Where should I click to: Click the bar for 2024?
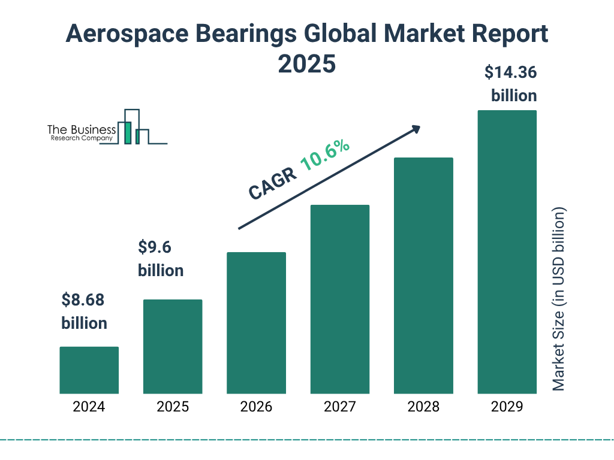click(89, 370)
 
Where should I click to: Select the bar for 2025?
click(173, 346)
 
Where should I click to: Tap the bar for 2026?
click(256, 323)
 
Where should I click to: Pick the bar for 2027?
click(339, 299)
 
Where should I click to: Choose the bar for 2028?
click(423, 276)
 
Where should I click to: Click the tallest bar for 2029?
click(507, 252)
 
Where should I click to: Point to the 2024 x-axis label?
click(89, 407)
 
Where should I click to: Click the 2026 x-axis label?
click(256, 407)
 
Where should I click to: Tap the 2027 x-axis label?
click(339, 407)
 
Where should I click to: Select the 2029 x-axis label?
click(507, 407)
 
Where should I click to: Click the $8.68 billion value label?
click(84, 311)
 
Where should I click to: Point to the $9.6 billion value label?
click(161, 259)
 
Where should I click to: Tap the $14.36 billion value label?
click(511, 84)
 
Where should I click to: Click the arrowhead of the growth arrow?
click(416, 129)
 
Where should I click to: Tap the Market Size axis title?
click(559, 299)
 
